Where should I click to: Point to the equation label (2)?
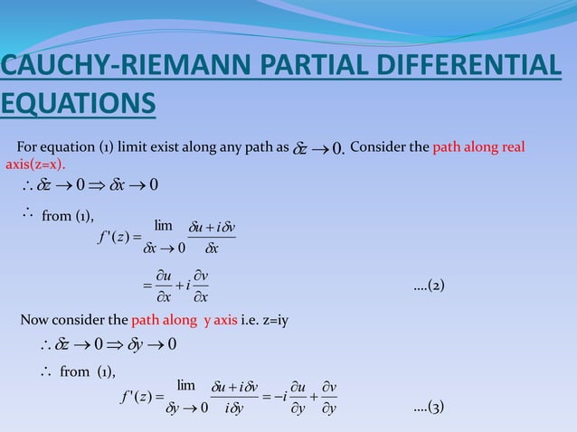[429, 286]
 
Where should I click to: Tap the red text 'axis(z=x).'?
[36, 164]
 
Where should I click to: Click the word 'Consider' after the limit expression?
[378, 147]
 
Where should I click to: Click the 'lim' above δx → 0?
[164, 224]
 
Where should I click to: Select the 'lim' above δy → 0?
[186, 384]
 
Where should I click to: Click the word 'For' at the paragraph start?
[27, 147]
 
